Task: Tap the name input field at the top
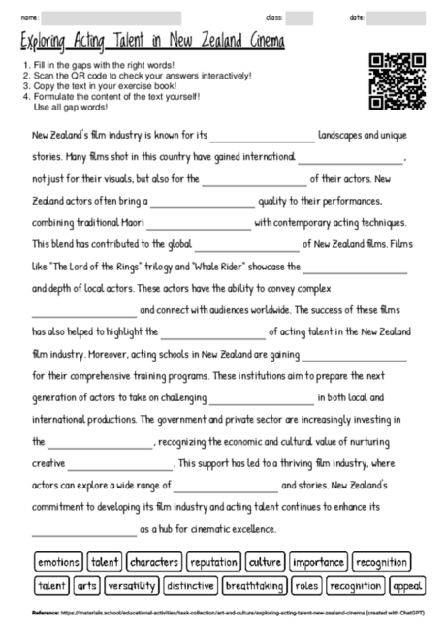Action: click(x=112, y=17)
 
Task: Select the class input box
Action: click(x=299, y=17)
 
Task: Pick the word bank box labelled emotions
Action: click(x=59, y=562)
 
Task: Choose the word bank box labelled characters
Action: click(x=154, y=562)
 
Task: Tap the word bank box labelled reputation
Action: click(x=213, y=562)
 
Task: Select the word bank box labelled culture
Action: click(x=265, y=562)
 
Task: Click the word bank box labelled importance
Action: click(x=318, y=562)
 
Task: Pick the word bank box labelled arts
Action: click(x=87, y=585)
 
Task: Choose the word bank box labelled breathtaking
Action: click(x=254, y=585)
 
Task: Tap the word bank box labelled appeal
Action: click(x=408, y=585)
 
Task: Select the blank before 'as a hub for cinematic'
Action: click(x=84, y=529)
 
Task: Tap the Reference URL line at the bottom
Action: click(x=223, y=613)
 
